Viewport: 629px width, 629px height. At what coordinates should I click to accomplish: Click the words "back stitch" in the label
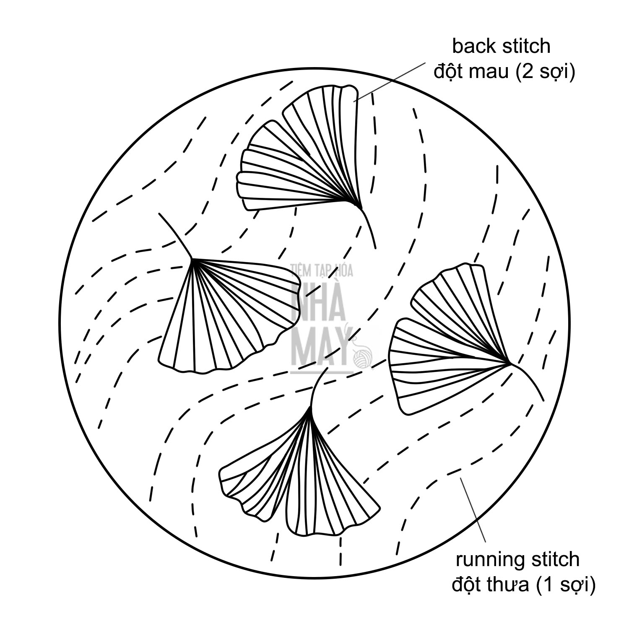[x=501, y=46]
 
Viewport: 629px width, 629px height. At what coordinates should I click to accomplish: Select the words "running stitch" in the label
[x=517, y=560]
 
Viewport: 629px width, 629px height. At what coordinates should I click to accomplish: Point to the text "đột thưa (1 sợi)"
[x=523, y=585]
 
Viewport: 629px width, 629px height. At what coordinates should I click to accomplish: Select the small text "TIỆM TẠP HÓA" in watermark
[x=322, y=271]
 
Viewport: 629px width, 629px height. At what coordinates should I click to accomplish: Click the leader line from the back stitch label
[x=390, y=82]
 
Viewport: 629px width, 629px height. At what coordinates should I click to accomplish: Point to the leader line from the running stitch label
[x=474, y=509]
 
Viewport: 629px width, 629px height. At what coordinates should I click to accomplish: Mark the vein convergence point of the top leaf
[x=360, y=207]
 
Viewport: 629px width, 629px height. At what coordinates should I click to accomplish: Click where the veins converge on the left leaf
[x=192, y=259]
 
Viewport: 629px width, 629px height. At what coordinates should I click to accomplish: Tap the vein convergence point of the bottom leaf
[x=311, y=408]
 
